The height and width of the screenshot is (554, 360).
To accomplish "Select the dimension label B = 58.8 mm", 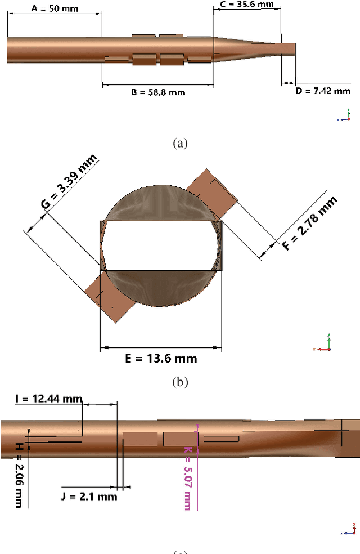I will pos(158,92).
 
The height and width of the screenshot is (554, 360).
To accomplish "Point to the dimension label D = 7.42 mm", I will pos(323,91).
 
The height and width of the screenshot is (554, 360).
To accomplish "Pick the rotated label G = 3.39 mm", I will pos(69,181).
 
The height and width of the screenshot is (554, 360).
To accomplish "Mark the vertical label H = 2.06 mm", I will pos(19,475).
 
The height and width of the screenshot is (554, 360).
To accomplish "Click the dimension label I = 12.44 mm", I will pos(48,399).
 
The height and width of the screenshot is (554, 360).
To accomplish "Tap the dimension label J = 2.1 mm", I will pos(89,496).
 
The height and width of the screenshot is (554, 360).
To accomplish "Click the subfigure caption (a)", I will pos(179,143).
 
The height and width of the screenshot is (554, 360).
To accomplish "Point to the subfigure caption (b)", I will pos(179,382).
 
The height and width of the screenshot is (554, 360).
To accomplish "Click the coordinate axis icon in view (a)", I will pos(346,116).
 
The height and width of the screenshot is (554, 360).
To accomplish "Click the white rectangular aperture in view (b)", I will pos(161,245).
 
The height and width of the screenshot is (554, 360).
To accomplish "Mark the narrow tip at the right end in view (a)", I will pos(287,50).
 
